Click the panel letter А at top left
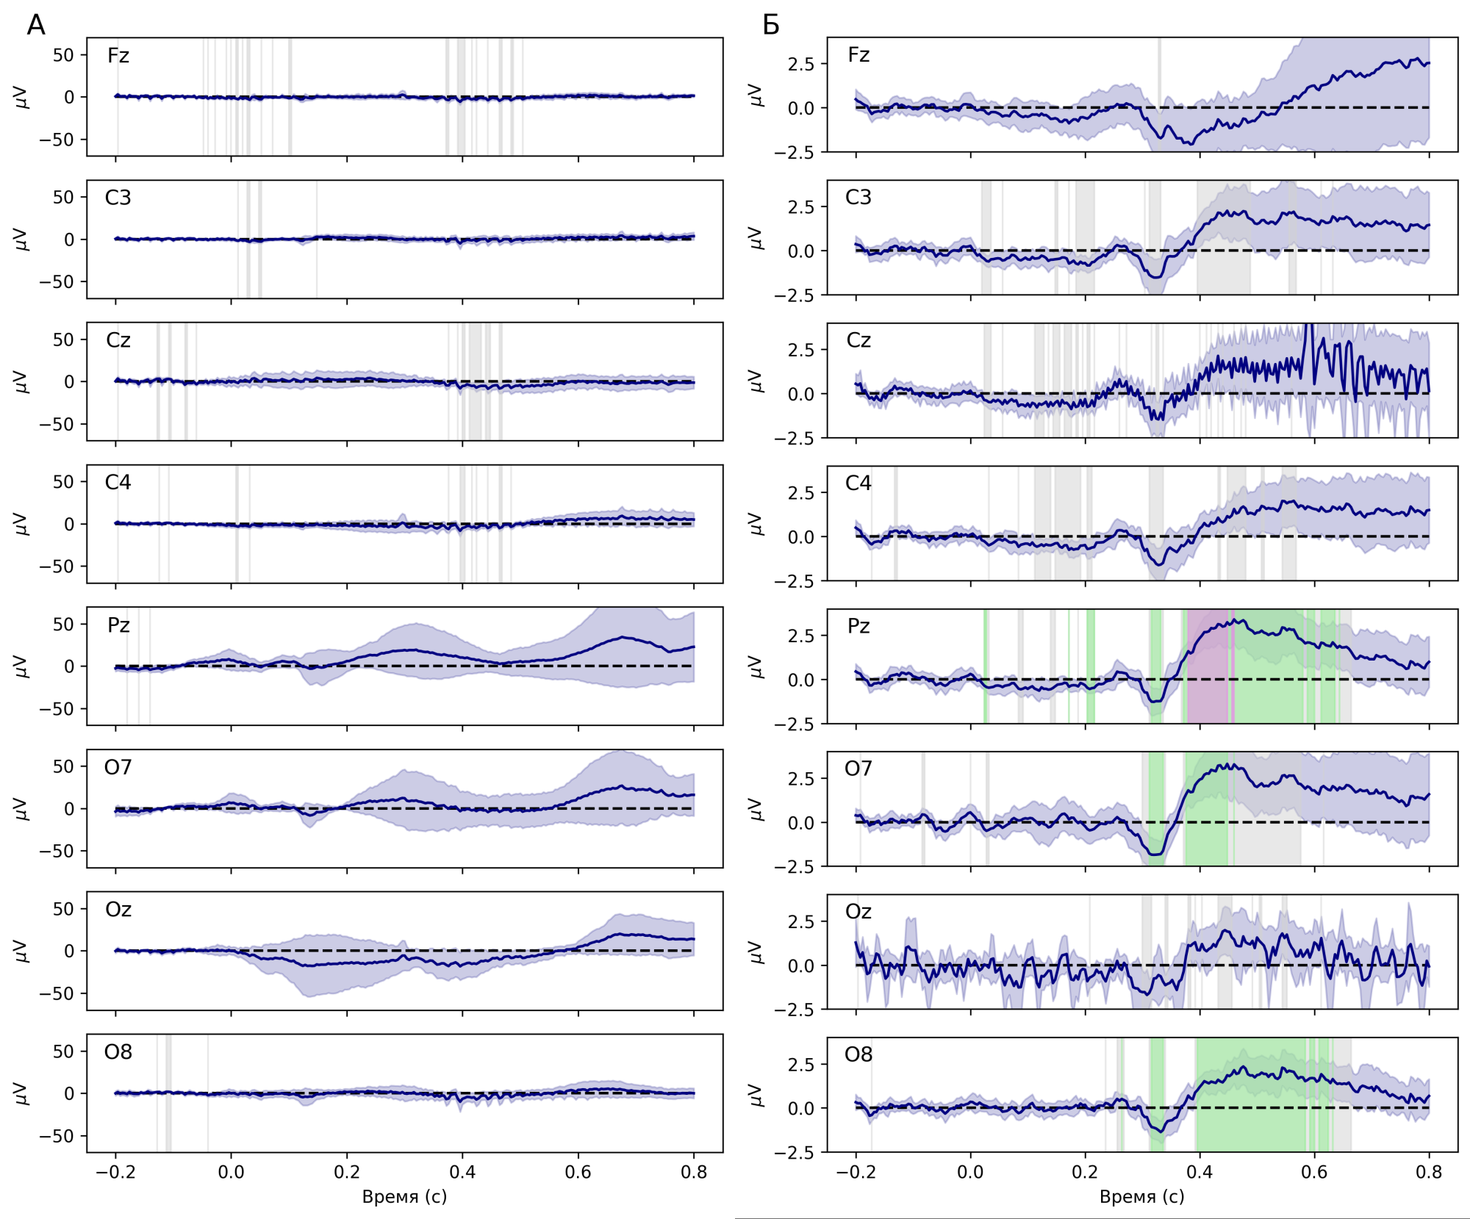coord(35,26)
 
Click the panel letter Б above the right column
coord(770,26)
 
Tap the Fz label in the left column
coord(118,56)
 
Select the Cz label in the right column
coord(858,340)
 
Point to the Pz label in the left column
coord(118,625)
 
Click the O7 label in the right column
coord(858,769)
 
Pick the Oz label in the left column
coord(118,910)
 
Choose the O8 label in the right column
coord(858,1054)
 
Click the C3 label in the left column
coord(118,198)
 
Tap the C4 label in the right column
coord(858,483)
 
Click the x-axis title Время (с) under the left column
coord(404,1197)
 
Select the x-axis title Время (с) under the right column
coord(1141,1197)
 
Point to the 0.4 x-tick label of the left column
coord(462,1172)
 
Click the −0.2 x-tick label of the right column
coord(856,1172)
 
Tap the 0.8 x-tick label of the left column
coord(694,1172)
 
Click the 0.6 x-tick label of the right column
coord(1314,1172)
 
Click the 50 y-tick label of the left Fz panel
coord(63,55)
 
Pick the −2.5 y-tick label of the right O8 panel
coord(794,1153)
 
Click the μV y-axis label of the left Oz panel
coord(21,951)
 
